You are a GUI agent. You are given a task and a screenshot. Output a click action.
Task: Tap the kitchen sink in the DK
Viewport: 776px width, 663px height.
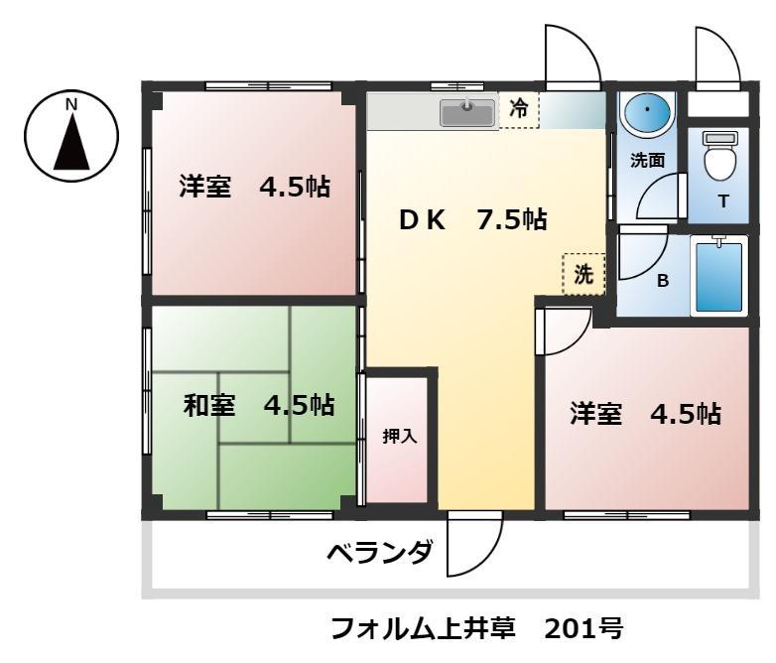click(x=467, y=112)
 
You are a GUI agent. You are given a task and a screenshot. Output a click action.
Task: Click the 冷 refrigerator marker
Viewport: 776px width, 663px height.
click(x=518, y=110)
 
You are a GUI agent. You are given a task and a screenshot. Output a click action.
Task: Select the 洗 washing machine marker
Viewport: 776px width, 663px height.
click(x=583, y=275)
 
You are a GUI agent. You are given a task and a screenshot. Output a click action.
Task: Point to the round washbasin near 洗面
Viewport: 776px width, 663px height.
click(x=647, y=112)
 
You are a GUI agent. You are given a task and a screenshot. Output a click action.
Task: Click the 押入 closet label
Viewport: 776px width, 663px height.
click(x=399, y=436)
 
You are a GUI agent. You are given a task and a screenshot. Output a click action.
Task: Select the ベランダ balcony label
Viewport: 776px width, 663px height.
click(x=380, y=552)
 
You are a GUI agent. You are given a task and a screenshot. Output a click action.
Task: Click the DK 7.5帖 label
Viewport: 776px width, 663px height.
click(x=472, y=220)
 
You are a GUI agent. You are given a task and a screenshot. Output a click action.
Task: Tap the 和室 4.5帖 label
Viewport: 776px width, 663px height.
click(x=258, y=405)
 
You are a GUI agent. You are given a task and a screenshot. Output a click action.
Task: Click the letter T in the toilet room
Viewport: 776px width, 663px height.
click(x=722, y=201)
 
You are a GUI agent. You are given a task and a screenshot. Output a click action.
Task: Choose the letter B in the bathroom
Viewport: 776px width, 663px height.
click(x=663, y=281)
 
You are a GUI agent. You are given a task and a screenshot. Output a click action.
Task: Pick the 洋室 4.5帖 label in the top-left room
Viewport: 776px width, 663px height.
click(x=254, y=187)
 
